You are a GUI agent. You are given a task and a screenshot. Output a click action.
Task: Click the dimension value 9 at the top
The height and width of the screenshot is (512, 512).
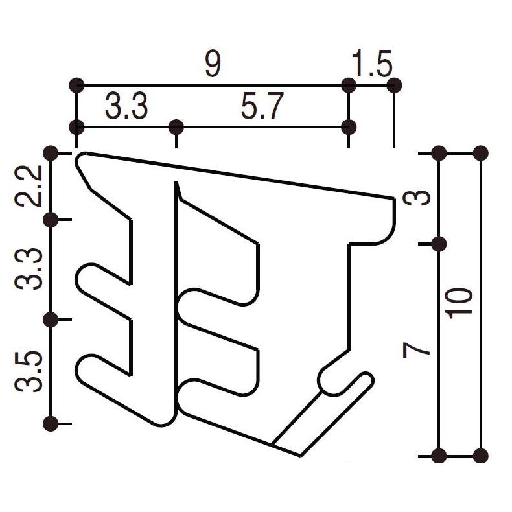click(213, 65)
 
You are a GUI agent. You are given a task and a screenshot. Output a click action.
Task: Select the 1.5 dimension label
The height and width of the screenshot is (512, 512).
click(371, 65)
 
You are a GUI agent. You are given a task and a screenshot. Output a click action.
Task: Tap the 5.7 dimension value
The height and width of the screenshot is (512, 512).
click(262, 107)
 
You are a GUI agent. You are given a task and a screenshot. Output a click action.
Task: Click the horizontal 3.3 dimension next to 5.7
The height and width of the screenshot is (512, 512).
click(126, 107)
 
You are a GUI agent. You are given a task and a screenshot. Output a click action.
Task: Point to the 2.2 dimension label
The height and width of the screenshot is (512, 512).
click(30, 186)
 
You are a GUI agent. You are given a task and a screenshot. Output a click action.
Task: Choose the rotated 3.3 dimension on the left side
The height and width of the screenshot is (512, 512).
click(30, 270)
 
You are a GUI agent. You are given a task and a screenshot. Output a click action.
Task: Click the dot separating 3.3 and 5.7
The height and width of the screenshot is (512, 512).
click(176, 126)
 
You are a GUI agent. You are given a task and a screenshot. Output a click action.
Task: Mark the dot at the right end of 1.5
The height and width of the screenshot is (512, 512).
click(393, 85)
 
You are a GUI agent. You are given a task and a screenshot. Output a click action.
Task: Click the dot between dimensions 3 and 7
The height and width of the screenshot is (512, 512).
click(439, 244)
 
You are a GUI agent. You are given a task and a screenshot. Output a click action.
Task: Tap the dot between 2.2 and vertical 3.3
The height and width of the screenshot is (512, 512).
click(51, 220)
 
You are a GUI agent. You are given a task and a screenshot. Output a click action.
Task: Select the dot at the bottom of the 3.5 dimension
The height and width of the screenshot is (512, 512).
click(51, 424)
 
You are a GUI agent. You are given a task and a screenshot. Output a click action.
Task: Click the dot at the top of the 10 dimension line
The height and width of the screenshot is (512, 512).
click(480, 154)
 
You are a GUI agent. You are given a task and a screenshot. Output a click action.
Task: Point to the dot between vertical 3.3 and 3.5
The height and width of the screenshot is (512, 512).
click(51, 320)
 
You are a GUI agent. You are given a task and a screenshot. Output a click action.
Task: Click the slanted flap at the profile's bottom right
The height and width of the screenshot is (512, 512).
click(324, 415)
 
